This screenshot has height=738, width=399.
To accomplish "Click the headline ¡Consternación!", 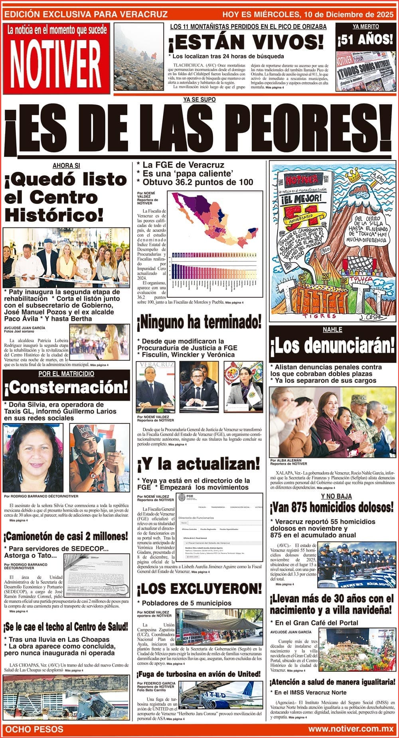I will coord(66,388).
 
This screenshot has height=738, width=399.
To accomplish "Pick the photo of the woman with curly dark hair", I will coord(33,457).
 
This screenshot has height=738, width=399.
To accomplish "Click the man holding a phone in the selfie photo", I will coord(98,457).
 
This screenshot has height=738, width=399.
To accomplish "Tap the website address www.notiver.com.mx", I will coord(351,729).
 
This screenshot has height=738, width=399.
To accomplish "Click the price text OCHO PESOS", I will coord(35,729).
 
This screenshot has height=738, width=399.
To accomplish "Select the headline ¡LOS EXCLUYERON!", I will coord(199,589).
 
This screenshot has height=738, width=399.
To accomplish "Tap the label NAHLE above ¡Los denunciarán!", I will coord(332,330).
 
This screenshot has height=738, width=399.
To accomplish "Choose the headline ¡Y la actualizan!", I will coord(198,464).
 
